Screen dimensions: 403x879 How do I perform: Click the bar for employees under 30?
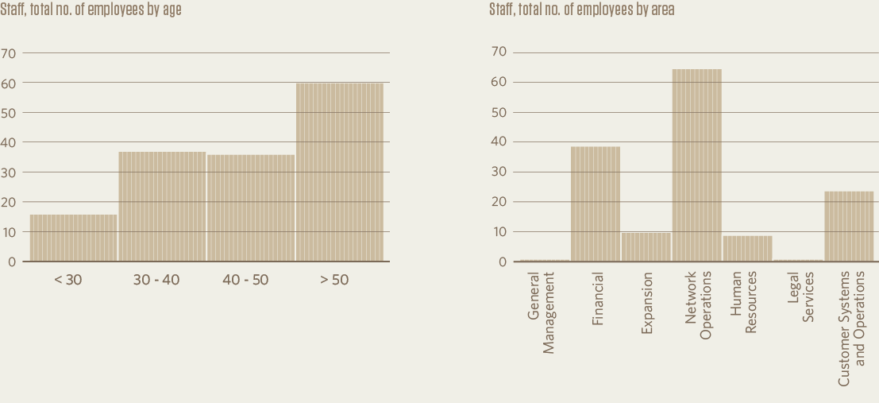74,238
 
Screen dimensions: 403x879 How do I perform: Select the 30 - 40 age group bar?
162,207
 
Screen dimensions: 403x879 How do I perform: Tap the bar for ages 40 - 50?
251,208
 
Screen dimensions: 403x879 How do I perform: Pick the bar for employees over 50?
340,172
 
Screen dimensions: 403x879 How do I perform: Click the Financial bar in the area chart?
596,204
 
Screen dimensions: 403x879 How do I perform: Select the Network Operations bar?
697,165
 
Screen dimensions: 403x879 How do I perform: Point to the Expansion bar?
646,247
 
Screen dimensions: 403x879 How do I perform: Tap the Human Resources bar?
747,249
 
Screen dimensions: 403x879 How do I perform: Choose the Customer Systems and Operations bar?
849,227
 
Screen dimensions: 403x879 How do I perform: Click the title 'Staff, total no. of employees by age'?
91,10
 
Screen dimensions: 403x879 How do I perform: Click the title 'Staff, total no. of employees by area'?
582,10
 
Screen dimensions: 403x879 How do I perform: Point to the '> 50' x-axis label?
333,280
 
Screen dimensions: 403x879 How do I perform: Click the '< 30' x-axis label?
67,280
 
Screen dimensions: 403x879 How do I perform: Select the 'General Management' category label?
541,312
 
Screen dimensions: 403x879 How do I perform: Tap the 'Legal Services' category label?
800,297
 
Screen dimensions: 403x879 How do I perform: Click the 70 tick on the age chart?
9,53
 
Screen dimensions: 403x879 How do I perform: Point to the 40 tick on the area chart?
499,142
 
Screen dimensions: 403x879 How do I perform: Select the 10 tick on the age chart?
9,232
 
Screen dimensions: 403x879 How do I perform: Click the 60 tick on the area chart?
499,82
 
